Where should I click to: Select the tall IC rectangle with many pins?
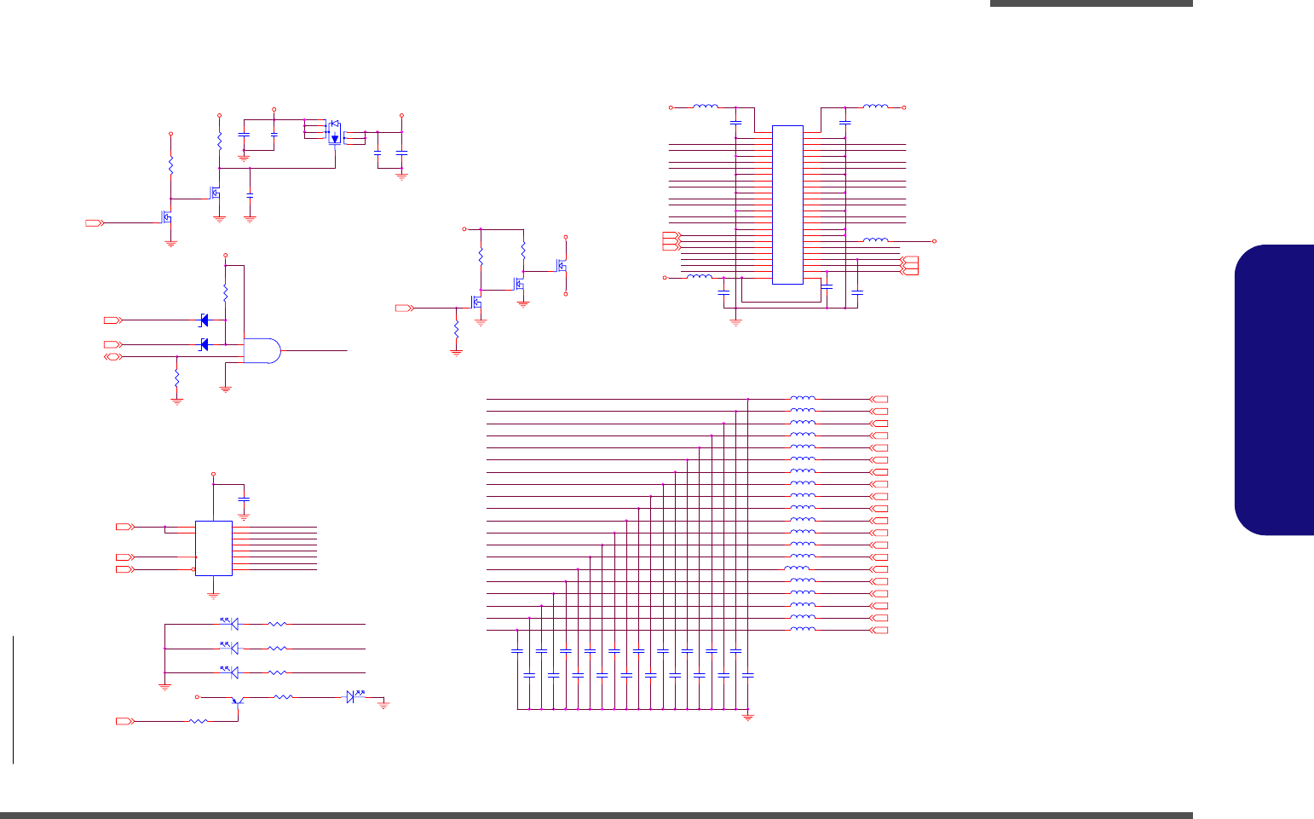click(787, 205)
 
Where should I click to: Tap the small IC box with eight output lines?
click(213, 548)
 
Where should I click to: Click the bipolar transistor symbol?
click(238, 701)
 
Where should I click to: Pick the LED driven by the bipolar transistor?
click(350, 697)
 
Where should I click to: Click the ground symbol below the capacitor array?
click(748, 717)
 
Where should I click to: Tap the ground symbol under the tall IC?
click(736, 322)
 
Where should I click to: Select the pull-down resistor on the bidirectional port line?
click(176, 378)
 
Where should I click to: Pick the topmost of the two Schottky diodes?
click(204, 320)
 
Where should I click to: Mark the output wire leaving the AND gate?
click(315, 350)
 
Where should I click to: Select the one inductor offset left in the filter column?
click(796, 568)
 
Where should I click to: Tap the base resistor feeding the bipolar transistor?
click(198, 722)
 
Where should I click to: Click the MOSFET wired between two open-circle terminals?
click(562, 266)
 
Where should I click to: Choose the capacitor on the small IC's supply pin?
click(245, 498)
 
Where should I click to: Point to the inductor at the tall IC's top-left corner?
click(706, 107)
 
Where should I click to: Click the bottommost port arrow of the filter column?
click(879, 630)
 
